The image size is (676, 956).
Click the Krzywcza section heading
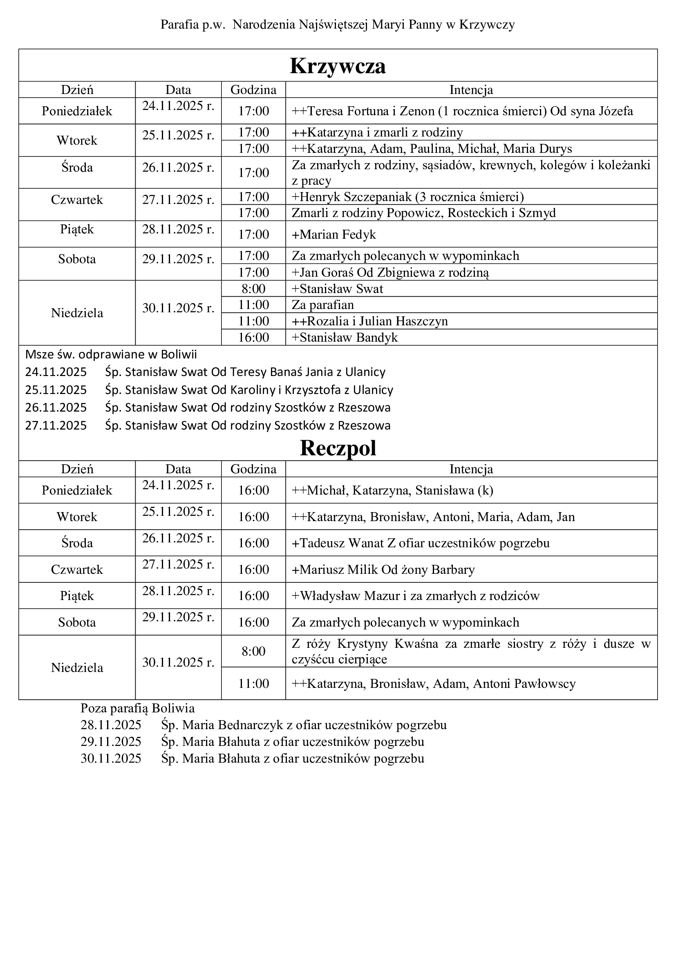[x=338, y=66]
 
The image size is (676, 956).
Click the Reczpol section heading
[x=338, y=448]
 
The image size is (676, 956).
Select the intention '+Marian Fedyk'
[x=334, y=235]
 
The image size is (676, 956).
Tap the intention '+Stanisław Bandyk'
[x=345, y=337]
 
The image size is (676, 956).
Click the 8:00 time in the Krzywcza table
[x=253, y=289]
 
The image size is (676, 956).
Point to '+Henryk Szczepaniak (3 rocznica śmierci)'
[x=407, y=197]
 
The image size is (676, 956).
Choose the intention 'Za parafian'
[x=322, y=305]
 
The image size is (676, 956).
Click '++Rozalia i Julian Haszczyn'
[x=369, y=321]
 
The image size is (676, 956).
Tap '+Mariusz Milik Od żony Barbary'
[x=383, y=570]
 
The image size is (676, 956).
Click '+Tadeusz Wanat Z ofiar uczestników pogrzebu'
[x=421, y=543]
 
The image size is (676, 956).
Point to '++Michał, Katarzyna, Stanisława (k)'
[x=392, y=490]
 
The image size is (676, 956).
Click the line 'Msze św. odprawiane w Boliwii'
[x=111, y=354]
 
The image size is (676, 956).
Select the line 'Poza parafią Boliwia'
[x=137, y=708]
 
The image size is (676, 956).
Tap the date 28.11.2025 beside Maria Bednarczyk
[x=111, y=725]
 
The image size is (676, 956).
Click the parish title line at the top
[x=338, y=25]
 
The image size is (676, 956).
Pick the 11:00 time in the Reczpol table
[x=253, y=683]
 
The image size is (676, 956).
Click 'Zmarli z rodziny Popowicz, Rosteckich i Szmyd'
[x=423, y=213]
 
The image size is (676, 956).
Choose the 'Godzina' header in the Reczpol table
[x=253, y=469]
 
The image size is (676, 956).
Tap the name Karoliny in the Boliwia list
[x=250, y=390]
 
